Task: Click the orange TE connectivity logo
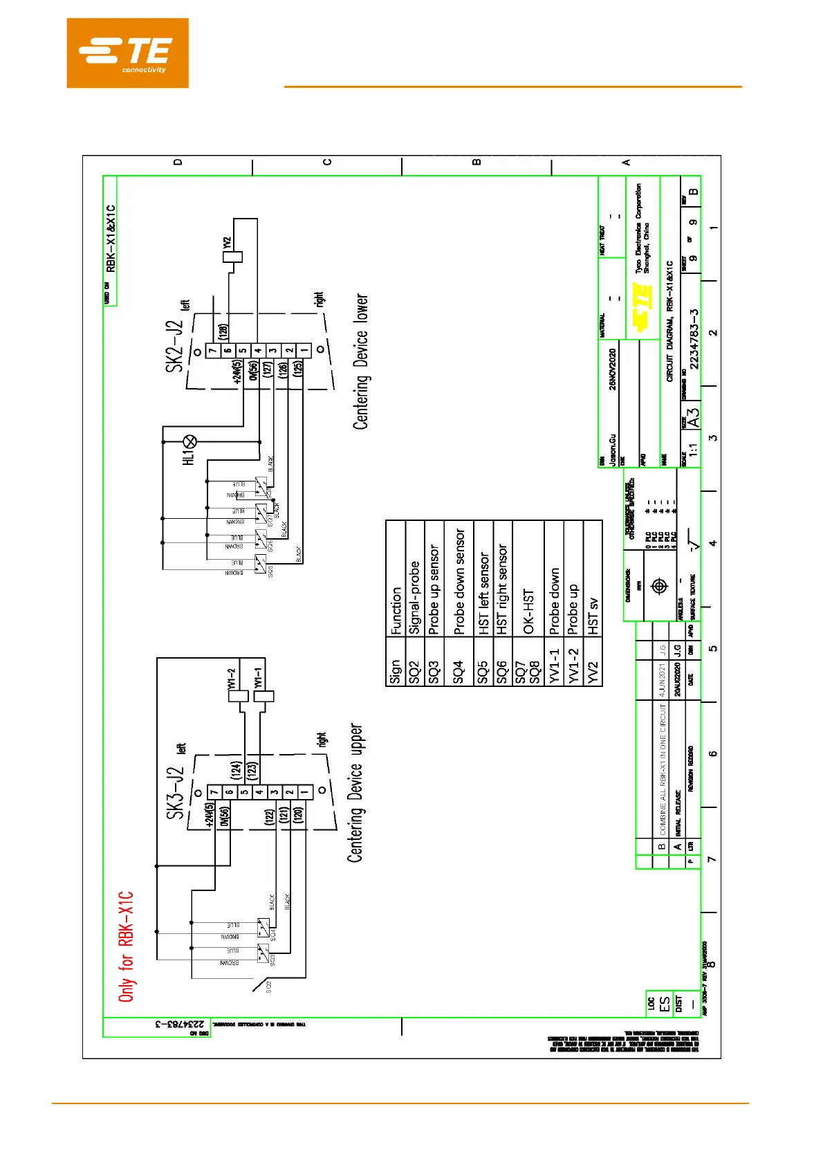127,53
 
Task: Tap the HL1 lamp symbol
189,442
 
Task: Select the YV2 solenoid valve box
233,257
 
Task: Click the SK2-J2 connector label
175,347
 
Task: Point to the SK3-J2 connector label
176,794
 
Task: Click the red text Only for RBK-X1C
126,946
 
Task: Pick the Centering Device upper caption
355,793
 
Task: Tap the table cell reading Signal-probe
414,597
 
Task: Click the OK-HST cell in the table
528,612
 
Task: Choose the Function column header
396,611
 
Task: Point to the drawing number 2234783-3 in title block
694,338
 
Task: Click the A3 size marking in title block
693,417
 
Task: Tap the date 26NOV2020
612,368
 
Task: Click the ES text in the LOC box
665,1004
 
